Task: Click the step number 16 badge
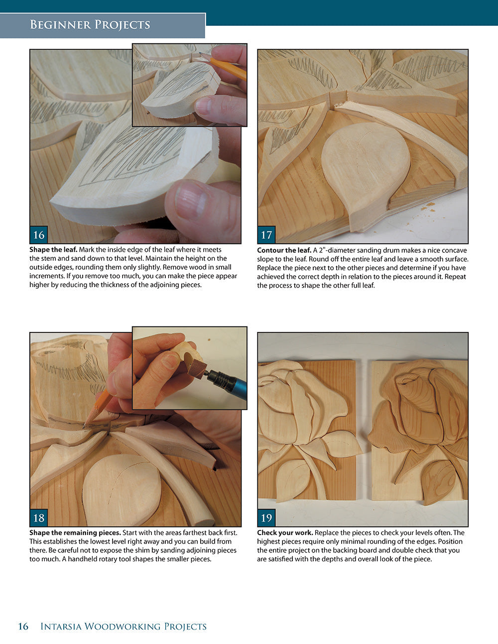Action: tap(39, 234)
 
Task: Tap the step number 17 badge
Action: tap(266, 234)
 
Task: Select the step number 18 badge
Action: tap(39, 518)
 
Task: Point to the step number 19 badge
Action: tap(266, 518)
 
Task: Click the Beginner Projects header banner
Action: tap(90, 25)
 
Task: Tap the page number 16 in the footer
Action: tap(23, 626)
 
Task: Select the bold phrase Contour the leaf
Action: tap(284, 250)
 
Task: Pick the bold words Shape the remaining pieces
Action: tap(75, 533)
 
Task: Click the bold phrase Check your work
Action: tap(285, 533)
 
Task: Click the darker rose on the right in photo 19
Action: tap(423, 408)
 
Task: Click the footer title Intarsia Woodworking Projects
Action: tap(123, 626)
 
